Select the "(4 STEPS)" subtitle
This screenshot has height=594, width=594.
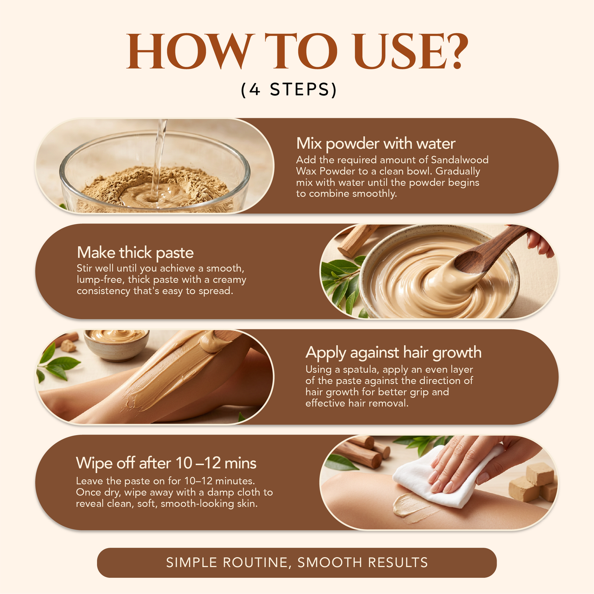[289, 89]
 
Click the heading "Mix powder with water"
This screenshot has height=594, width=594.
[376, 143]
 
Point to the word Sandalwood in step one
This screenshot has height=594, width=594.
[460, 160]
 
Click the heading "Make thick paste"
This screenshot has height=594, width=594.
[135, 253]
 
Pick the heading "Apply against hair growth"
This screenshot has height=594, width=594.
[393, 353]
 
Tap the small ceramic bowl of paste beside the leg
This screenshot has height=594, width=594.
[117, 344]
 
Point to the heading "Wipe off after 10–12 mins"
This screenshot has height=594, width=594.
[166, 463]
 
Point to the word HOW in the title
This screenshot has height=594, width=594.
[190, 51]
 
